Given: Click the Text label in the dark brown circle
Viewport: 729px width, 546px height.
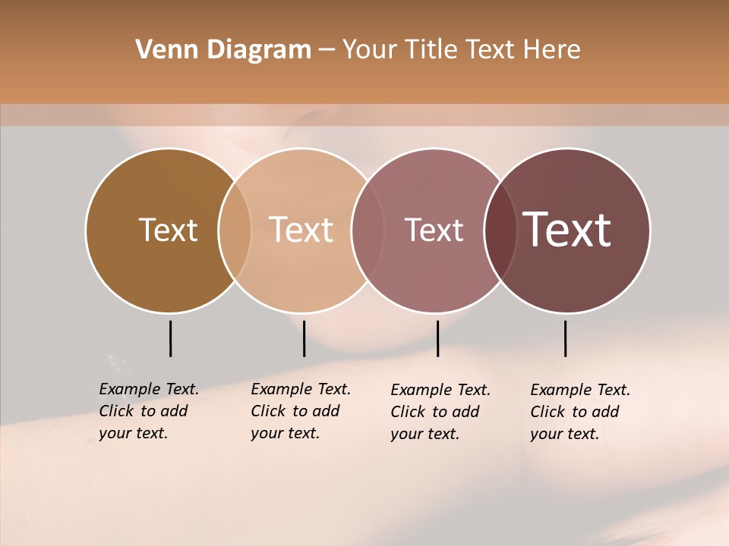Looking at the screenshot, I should coord(168,230).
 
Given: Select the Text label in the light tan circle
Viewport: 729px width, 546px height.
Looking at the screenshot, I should coord(301,230).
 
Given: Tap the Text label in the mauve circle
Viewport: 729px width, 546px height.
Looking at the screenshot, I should coord(434,230).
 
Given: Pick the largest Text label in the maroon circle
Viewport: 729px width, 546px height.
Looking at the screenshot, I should coord(567,230).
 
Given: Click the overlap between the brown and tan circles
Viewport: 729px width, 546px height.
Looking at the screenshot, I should coord(235,230).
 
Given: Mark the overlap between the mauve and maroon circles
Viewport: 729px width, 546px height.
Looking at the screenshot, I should coord(500,230).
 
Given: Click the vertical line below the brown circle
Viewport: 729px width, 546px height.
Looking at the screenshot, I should coord(171,338).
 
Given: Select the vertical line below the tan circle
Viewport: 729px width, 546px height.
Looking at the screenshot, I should coord(304,338).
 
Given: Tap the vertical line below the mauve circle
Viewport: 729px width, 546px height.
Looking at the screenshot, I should coord(438,338).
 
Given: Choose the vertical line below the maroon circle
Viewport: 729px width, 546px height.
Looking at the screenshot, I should coord(566,338).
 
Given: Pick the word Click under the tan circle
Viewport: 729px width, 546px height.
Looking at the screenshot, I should coord(267,411).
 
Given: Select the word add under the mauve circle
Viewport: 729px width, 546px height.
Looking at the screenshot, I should coord(465,412).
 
